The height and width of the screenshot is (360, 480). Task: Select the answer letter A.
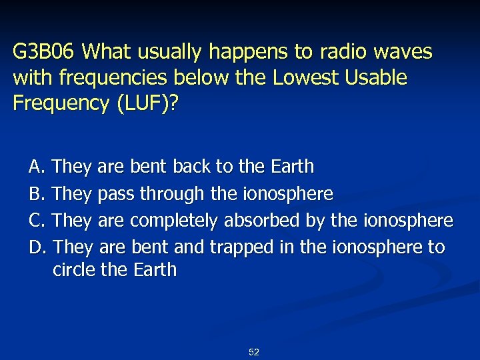(x=37, y=166)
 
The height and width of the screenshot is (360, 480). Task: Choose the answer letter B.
(x=37, y=193)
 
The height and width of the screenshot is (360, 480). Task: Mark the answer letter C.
(x=37, y=220)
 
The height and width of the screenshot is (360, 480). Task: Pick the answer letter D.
(x=37, y=247)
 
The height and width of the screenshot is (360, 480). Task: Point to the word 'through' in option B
(x=174, y=194)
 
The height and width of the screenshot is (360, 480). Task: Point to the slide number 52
(x=253, y=352)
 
